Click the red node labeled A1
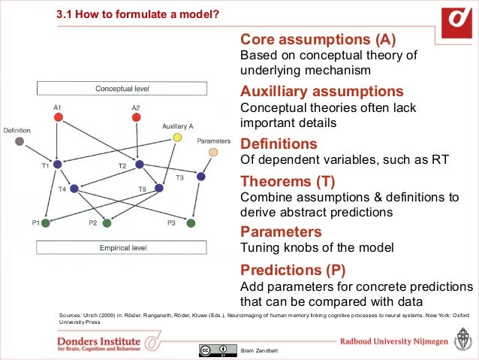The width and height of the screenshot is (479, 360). point(58,117)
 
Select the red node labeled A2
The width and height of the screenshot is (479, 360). point(136,117)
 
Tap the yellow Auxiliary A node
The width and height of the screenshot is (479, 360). point(177,137)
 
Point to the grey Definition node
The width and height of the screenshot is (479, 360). point(20,141)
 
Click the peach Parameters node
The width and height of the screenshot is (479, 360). point(213,152)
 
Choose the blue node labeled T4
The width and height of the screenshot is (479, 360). point(74,188)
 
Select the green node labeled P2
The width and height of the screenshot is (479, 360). point(107,222)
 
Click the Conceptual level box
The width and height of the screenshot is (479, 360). point(122,89)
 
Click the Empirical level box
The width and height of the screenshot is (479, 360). point(122,247)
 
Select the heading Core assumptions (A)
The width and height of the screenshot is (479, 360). point(317,39)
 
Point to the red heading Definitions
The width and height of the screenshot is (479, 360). point(278,143)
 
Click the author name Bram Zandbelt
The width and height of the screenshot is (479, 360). point(259,352)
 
